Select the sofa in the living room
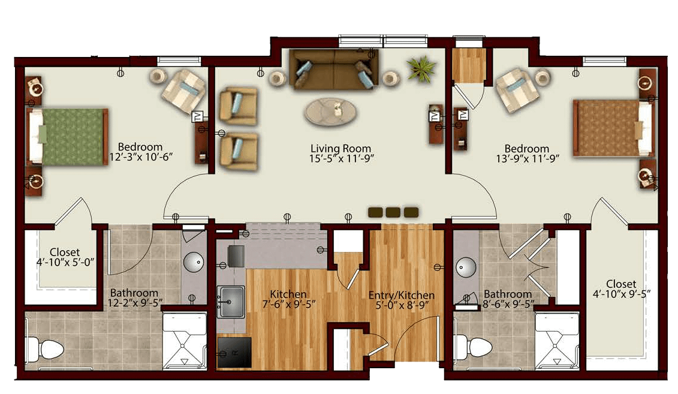click(x=333, y=69)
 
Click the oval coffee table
click(x=332, y=112)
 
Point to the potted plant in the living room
click(x=421, y=68)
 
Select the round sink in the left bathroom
click(x=193, y=261)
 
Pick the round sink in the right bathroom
click(x=466, y=267)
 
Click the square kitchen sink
click(x=230, y=302)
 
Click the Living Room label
click(x=341, y=149)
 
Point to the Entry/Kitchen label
click(x=401, y=296)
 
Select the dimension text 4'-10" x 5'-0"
click(x=65, y=262)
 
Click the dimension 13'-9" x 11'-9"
click(x=528, y=159)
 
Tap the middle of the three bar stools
click(x=393, y=212)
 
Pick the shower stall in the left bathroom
click(x=184, y=342)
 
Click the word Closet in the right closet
click(x=621, y=284)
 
